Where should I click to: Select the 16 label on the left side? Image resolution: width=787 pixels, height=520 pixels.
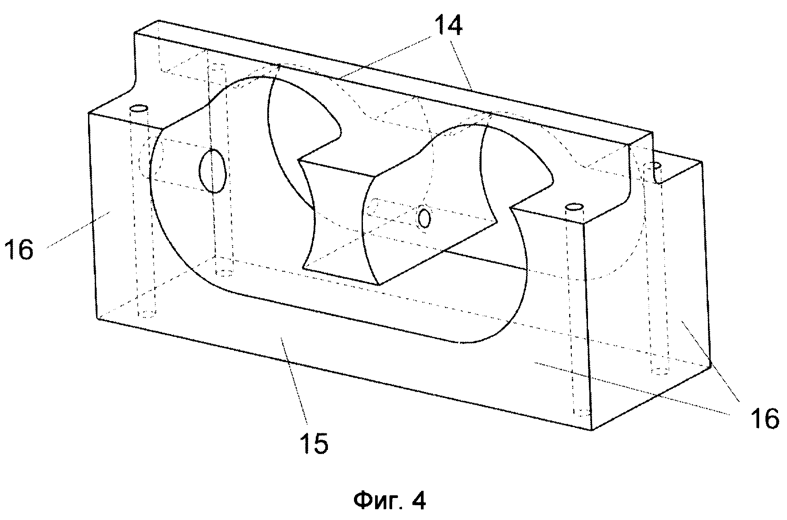coord(19,249)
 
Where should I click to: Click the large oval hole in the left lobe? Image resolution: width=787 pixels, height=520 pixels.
coord(212,171)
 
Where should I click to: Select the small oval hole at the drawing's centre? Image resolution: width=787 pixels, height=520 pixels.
coord(424,218)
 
